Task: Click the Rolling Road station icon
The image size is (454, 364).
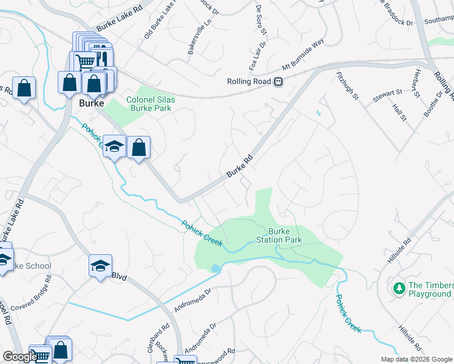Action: (278, 82)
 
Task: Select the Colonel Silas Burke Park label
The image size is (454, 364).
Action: (149, 104)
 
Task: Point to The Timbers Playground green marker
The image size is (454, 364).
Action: (399, 288)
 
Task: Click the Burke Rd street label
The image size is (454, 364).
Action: (239, 165)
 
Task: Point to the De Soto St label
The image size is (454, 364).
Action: (262, 19)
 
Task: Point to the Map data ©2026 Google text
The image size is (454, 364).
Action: (416, 359)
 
